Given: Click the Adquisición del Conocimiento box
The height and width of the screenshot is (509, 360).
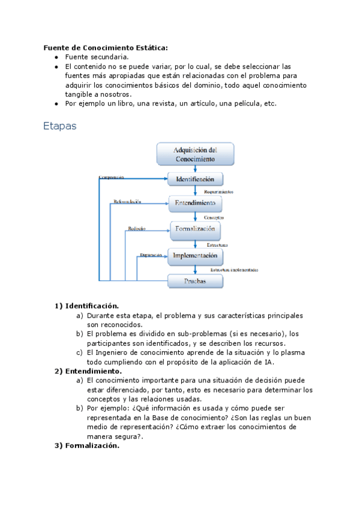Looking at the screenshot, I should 195,154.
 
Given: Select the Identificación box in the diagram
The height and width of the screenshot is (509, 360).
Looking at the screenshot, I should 195,179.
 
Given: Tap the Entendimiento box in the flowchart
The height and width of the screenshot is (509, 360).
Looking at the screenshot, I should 195,203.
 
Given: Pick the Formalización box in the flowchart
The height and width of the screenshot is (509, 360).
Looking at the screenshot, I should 195,229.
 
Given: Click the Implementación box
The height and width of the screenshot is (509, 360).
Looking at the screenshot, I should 194,256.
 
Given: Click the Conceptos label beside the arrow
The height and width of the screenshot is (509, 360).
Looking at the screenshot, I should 214,217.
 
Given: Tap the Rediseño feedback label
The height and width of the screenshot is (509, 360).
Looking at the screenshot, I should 136,229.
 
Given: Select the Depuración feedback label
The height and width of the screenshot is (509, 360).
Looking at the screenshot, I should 151,255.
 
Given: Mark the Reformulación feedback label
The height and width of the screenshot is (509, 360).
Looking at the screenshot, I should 127,202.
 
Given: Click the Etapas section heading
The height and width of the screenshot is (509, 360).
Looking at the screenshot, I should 60,127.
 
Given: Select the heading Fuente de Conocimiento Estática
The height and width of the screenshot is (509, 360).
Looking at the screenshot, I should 106,47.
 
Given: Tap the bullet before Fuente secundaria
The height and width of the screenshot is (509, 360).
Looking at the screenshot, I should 56,57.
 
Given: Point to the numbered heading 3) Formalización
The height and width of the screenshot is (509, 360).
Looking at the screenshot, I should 87,445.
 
